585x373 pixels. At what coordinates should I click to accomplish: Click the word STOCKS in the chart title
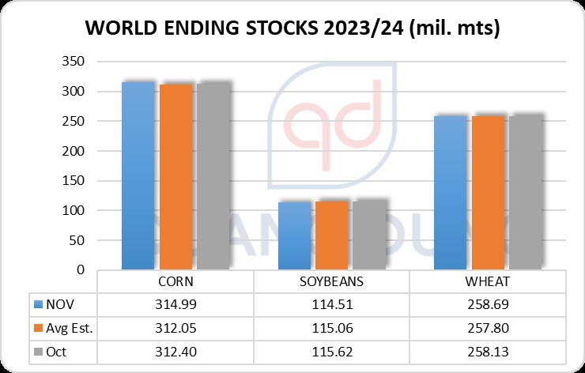(269, 29)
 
